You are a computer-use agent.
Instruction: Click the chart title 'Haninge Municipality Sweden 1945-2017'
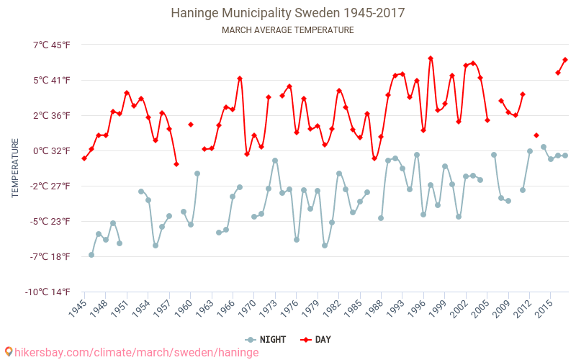(288, 13)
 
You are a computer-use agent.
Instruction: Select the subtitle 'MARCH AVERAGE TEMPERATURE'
(288, 30)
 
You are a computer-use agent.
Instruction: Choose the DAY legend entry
(316, 340)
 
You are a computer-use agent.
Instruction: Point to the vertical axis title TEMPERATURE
(15, 168)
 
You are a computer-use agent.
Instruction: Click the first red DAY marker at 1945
(84, 158)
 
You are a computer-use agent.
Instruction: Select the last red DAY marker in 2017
(565, 60)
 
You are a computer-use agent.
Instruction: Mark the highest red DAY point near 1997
(431, 58)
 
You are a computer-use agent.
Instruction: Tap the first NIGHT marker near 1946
(91, 255)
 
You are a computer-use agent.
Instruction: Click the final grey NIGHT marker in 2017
(565, 156)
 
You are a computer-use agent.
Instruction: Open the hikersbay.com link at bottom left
(137, 352)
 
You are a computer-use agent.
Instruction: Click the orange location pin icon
(9, 351)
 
